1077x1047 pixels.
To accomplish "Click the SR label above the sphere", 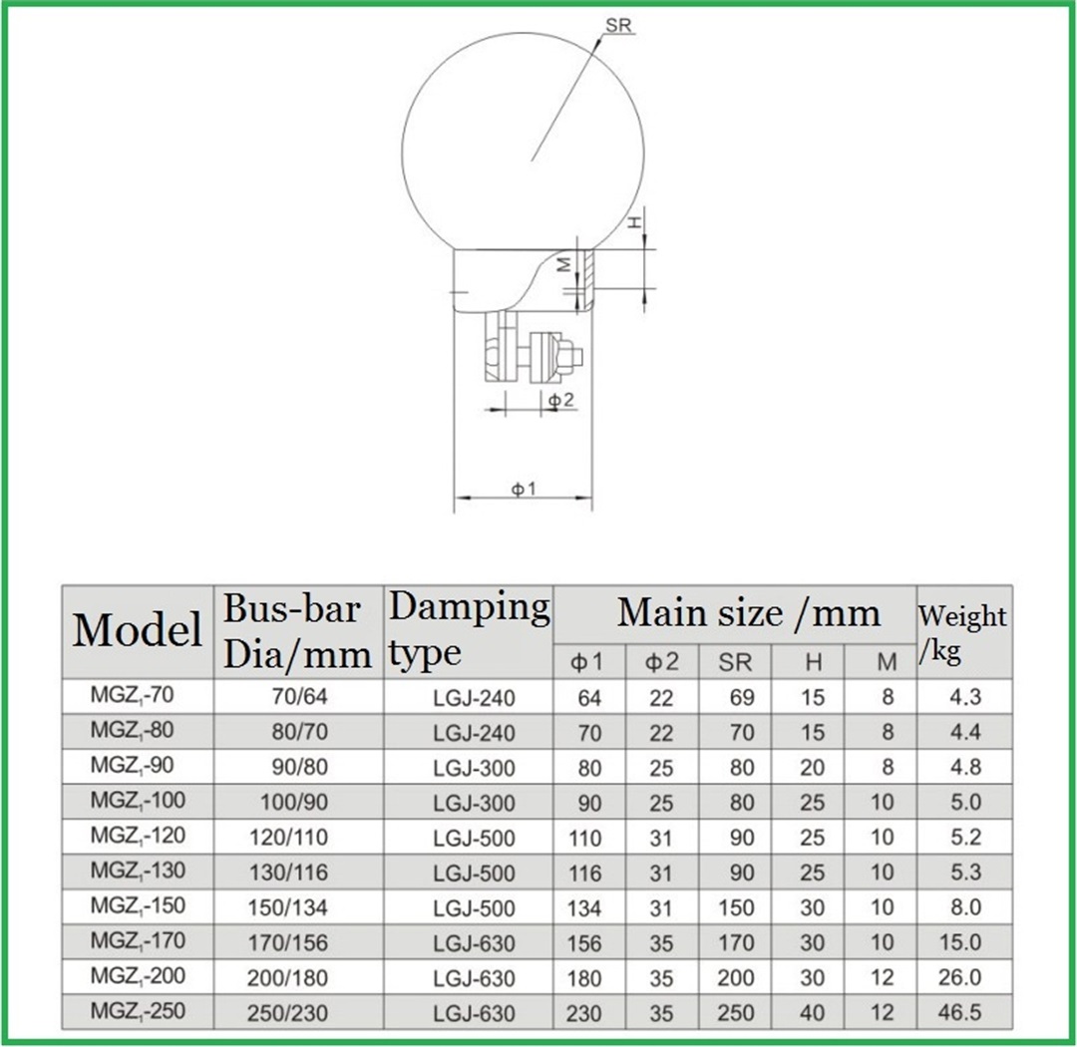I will [619, 26].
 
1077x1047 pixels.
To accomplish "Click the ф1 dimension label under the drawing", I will [525, 489].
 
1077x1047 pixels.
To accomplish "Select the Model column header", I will [137, 630].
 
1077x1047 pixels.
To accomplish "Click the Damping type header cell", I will [468, 629].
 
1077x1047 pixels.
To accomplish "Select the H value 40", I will [813, 1013].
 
